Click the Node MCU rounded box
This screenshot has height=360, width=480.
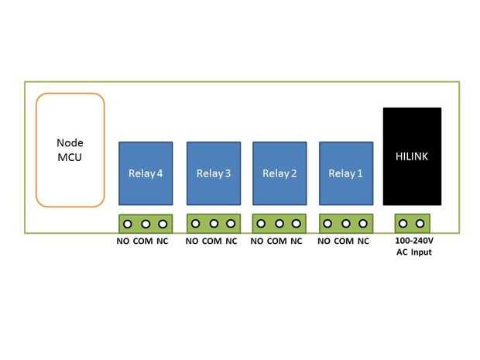pyautogui.click(x=70, y=150)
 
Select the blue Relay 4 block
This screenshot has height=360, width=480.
pyautogui.click(x=145, y=173)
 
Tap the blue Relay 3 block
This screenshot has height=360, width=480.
pyautogui.click(x=213, y=173)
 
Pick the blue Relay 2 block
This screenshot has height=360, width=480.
pyautogui.click(x=279, y=173)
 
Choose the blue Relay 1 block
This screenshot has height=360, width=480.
pyautogui.click(x=345, y=173)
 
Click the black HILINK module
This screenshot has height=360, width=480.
pyautogui.click(x=412, y=156)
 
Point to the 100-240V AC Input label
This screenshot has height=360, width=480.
pyautogui.click(x=411, y=246)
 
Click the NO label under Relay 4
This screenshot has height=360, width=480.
pyautogui.click(x=123, y=242)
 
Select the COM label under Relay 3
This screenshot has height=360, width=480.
pyautogui.click(x=211, y=242)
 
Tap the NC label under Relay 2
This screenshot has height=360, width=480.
pyautogui.click(x=297, y=242)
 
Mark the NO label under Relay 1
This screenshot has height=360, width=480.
pyautogui.click(x=324, y=242)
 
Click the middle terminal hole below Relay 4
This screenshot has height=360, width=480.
pyautogui.click(x=146, y=224)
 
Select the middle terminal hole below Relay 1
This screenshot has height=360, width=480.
pyautogui.click(x=345, y=224)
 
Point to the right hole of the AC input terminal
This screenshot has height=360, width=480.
pyautogui.click(x=420, y=224)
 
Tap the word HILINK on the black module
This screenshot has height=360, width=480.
pyautogui.click(x=412, y=156)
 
